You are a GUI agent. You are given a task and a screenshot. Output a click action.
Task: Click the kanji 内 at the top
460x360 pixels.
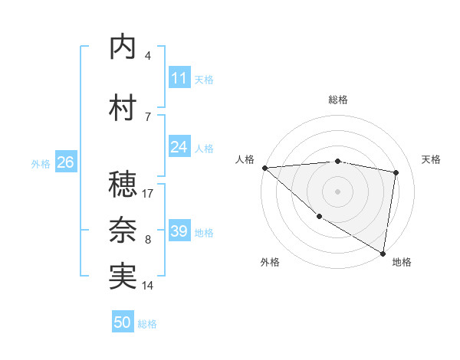[x=123, y=47]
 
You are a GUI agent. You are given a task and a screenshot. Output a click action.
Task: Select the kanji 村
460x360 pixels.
[x=123, y=108]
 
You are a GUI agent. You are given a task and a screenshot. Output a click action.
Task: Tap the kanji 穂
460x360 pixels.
[x=123, y=185]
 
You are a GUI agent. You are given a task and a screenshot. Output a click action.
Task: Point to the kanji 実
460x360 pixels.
[x=123, y=277]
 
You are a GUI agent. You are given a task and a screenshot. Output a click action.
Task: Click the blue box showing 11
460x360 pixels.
[x=179, y=78]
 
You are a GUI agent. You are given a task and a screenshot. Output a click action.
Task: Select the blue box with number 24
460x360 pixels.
[x=179, y=147]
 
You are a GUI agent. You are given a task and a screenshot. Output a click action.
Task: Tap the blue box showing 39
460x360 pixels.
[x=179, y=231]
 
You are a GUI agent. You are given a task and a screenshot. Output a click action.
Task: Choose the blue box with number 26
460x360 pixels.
[x=65, y=162]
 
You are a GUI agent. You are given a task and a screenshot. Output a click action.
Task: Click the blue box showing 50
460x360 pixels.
[x=123, y=322]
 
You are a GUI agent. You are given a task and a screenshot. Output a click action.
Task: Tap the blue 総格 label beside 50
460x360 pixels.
[x=147, y=324]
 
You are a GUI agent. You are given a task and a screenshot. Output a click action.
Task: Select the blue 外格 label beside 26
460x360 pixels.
[x=41, y=163]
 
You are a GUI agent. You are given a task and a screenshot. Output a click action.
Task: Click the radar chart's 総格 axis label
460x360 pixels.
[x=337, y=100]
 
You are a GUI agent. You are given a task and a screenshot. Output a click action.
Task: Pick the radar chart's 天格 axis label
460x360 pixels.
[x=432, y=159]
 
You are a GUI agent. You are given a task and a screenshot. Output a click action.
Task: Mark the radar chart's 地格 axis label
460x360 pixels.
[x=402, y=263]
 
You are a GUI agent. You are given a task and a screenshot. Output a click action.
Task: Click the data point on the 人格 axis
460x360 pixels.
[x=264, y=167]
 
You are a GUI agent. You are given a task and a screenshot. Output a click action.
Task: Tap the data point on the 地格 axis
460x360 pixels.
[x=383, y=252]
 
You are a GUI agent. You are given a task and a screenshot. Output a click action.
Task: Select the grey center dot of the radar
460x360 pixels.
[x=337, y=191]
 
